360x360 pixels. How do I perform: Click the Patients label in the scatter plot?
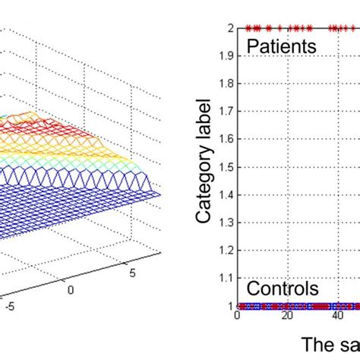tap(281, 47)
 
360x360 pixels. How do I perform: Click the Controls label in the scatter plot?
tap(283, 289)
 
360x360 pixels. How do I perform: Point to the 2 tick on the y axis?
tap(230, 28)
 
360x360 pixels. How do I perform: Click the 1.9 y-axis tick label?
tap(226, 56)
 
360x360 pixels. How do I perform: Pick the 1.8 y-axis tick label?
tap(226, 84)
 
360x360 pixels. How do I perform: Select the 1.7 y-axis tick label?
tap(226, 112)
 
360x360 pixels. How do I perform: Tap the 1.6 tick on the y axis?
tap(226, 140)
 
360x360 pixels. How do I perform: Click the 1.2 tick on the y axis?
tap(226, 251)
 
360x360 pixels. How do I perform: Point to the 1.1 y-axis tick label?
tap(226, 279)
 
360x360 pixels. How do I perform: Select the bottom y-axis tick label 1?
tap(230, 306)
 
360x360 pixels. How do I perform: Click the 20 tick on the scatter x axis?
tap(287, 317)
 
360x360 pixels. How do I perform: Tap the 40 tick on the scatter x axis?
tap(336, 317)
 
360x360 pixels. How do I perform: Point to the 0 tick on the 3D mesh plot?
tap(71, 289)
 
